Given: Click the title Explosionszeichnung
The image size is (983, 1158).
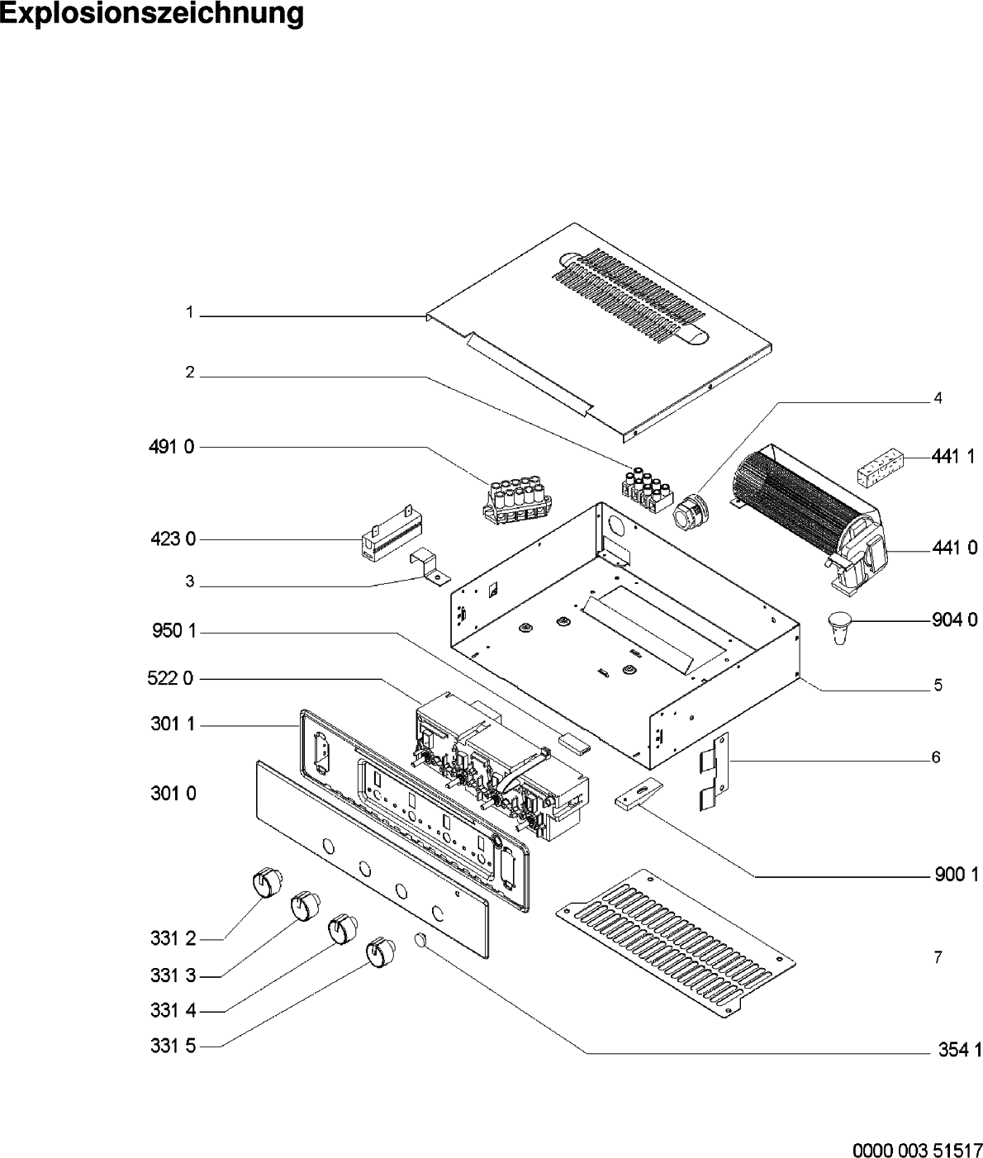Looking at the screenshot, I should pos(152,14).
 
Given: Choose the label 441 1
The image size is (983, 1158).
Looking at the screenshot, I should pos(954,456).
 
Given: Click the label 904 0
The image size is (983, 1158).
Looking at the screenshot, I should pos(954,619).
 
